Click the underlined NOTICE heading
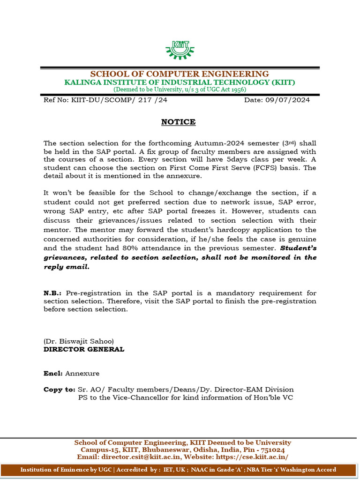[178, 122]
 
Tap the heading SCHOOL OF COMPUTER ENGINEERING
[180, 74]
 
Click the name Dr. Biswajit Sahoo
[79, 341]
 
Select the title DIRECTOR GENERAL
[84, 349]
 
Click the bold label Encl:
[53, 374]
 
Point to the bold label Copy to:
[59, 390]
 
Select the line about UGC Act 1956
[180, 89]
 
